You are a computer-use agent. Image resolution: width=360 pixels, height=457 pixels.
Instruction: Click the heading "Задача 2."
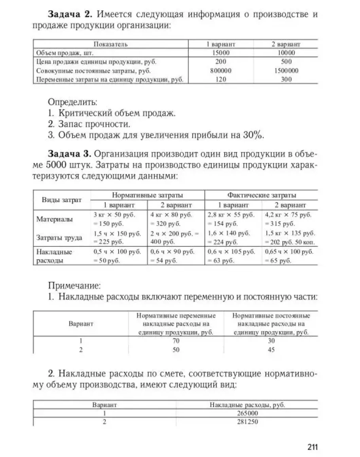coord(70,15)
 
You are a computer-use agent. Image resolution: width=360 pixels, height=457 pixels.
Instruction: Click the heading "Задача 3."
coord(70,153)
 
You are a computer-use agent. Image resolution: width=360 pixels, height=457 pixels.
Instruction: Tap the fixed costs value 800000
coord(221,71)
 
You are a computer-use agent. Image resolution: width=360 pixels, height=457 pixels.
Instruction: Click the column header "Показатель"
coord(110,44)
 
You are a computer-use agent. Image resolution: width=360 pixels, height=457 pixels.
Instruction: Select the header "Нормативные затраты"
coord(148,195)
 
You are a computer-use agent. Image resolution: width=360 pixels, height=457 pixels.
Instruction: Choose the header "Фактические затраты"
coord(261,195)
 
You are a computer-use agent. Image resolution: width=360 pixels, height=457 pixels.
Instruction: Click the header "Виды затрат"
coord(62,200)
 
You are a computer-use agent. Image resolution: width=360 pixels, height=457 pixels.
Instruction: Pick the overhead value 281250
coord(247,422)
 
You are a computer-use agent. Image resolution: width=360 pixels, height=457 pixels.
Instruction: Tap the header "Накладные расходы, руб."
coord(247,405)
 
